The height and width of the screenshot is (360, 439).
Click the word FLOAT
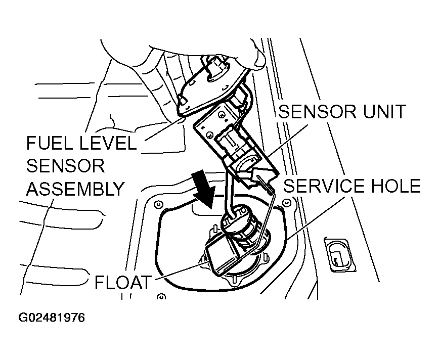coord(123,282)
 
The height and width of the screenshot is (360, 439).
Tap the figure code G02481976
coord(52,318)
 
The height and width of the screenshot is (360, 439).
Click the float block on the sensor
coord(222,257)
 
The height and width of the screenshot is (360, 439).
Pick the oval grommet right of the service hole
coord(340,255)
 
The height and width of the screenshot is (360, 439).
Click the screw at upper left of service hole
coord(158,204)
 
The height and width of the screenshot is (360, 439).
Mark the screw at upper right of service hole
coord(286,202)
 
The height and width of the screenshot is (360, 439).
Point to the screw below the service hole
coord(161,296)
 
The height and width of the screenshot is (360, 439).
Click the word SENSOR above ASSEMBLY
coord(66,166)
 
